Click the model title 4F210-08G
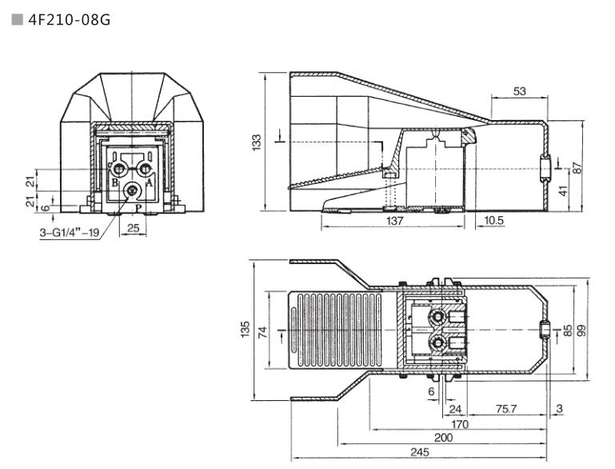click(68, 18)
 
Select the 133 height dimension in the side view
click(256, 142)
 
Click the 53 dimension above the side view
click(519, 91)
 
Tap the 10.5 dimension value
click(494, 220)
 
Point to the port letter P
click(138, 208)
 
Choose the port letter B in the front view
click(114, 182)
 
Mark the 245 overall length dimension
click(419, 452)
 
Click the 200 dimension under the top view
click(443, 438)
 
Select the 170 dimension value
click(459, 423)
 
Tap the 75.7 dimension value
click(506, 409)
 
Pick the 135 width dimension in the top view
click(245, 329)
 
